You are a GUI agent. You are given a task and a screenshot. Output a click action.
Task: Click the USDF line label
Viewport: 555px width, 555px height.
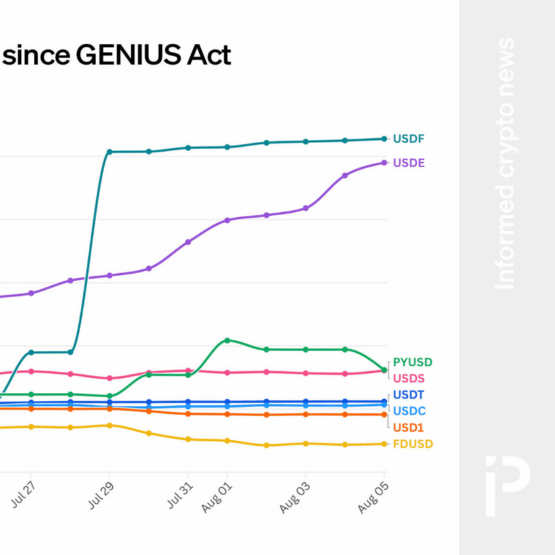click(x=408, y=139)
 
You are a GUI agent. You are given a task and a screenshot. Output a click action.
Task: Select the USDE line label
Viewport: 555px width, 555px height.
click(x=408, y=163)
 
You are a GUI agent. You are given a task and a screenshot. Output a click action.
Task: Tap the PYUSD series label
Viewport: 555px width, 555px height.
click(x=413, y=362)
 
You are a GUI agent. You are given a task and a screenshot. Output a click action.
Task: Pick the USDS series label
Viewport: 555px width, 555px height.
click(x=408, y=378)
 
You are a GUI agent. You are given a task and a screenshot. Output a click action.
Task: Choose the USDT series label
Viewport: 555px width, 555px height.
click(x=408, y=395)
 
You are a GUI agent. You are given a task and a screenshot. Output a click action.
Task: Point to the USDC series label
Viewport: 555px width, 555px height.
click(x=409, y=411)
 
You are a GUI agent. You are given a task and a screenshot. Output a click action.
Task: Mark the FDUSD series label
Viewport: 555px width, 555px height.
click(x=413, y=444)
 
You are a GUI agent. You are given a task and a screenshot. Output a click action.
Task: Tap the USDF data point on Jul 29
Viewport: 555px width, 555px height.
click(x=109, y=152)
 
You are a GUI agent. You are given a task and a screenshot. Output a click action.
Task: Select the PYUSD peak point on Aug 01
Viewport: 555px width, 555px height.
click(x=227, y=340)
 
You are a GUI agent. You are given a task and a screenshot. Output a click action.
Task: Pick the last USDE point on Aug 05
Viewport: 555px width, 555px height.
click(x=384, y=163)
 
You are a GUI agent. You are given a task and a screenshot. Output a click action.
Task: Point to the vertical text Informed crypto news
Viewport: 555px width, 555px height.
click(x=505, y=163)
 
